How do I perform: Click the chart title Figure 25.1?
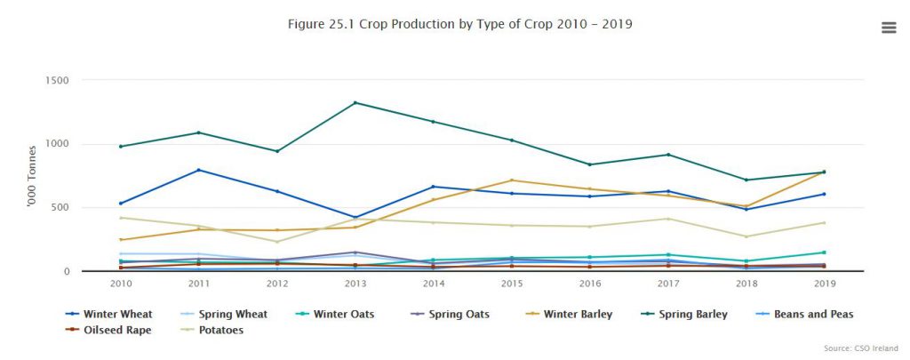click(x=460, y=24)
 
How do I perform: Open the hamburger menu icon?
click(x=888, y=28)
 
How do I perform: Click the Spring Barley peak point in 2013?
click(x=355, y=103)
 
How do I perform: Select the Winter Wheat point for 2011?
click(x=198, y=170)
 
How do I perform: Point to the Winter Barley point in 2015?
click(x=511, y=180)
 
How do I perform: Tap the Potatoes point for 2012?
click(x=276, y=242)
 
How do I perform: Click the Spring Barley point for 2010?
click(x=120, y=147)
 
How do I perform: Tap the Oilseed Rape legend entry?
click(x=115, y=330)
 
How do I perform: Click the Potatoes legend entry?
click(x=217, y=330)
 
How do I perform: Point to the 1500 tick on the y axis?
click(x=57, y=81)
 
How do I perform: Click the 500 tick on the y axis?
click(x=60, y=208)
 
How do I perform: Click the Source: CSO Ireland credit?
click(x=861, y=348)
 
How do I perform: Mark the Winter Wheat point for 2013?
click(x=355, y=218)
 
